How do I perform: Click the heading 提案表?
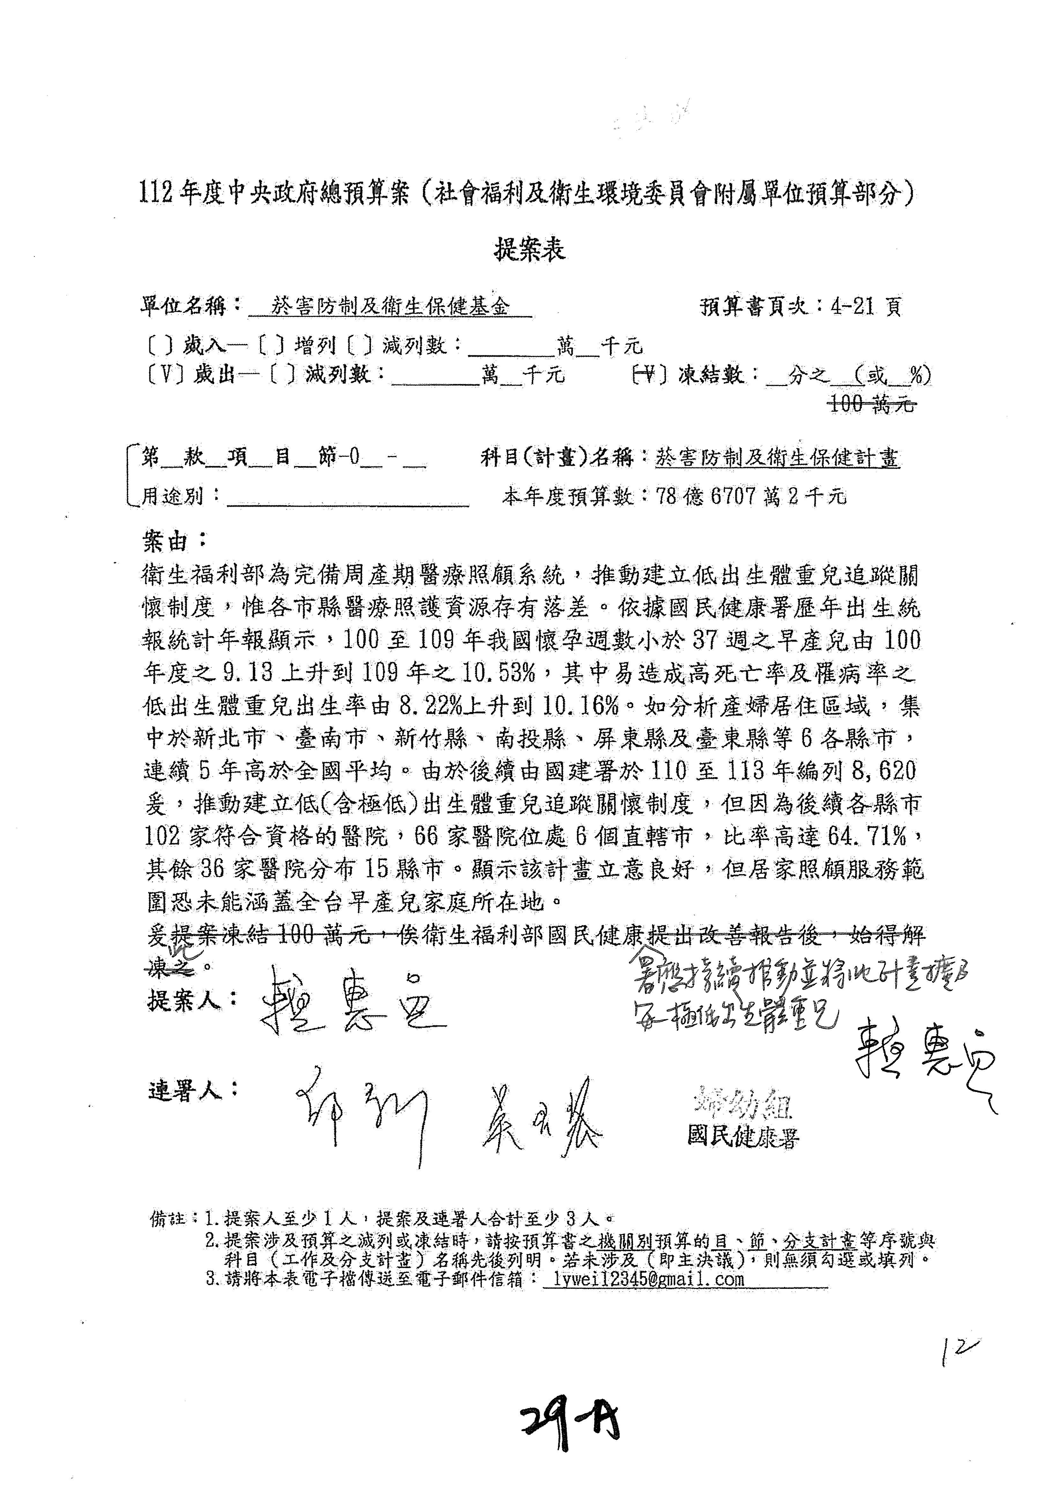pyautogui.click(x=530, y=250)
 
